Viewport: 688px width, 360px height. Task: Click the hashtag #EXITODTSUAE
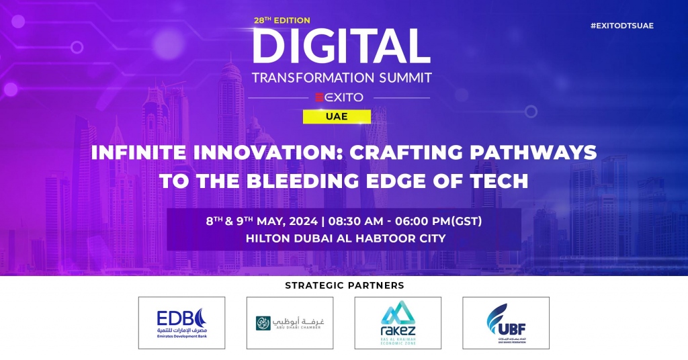point(621,26)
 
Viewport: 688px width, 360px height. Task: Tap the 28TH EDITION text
point(281,21)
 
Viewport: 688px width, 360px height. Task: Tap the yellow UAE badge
point(337,116)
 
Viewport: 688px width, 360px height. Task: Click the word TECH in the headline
point(503,181)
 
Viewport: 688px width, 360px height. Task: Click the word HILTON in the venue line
point(267,238)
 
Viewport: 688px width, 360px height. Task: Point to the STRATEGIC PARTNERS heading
point(345,285)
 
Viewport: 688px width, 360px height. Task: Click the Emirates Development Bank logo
point(181,322)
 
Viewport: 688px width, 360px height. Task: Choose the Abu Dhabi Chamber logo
point(290,322)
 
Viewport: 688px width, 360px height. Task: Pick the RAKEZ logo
point(398,322)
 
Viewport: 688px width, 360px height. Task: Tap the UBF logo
point(506,322)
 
